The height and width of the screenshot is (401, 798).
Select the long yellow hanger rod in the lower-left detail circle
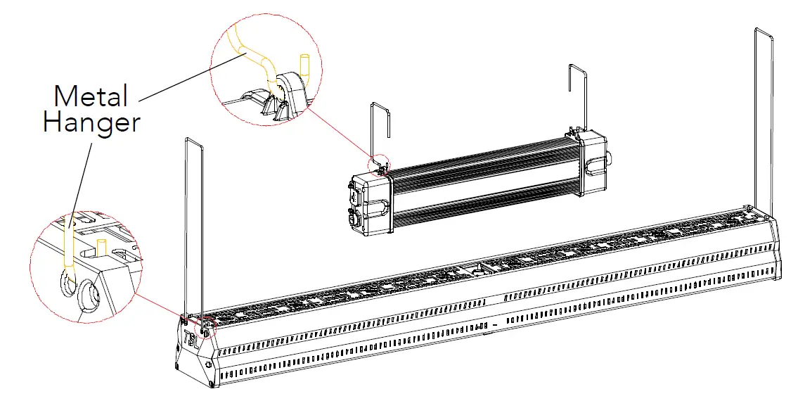pos(68,243)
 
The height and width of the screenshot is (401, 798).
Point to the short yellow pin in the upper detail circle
pos(304,65)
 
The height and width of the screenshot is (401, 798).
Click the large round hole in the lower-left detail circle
pos(91,295)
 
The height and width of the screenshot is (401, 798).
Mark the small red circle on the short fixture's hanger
pos(378,164)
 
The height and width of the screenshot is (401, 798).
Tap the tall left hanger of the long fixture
pos(194,225)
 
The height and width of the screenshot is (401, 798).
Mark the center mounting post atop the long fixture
pos(480,268)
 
